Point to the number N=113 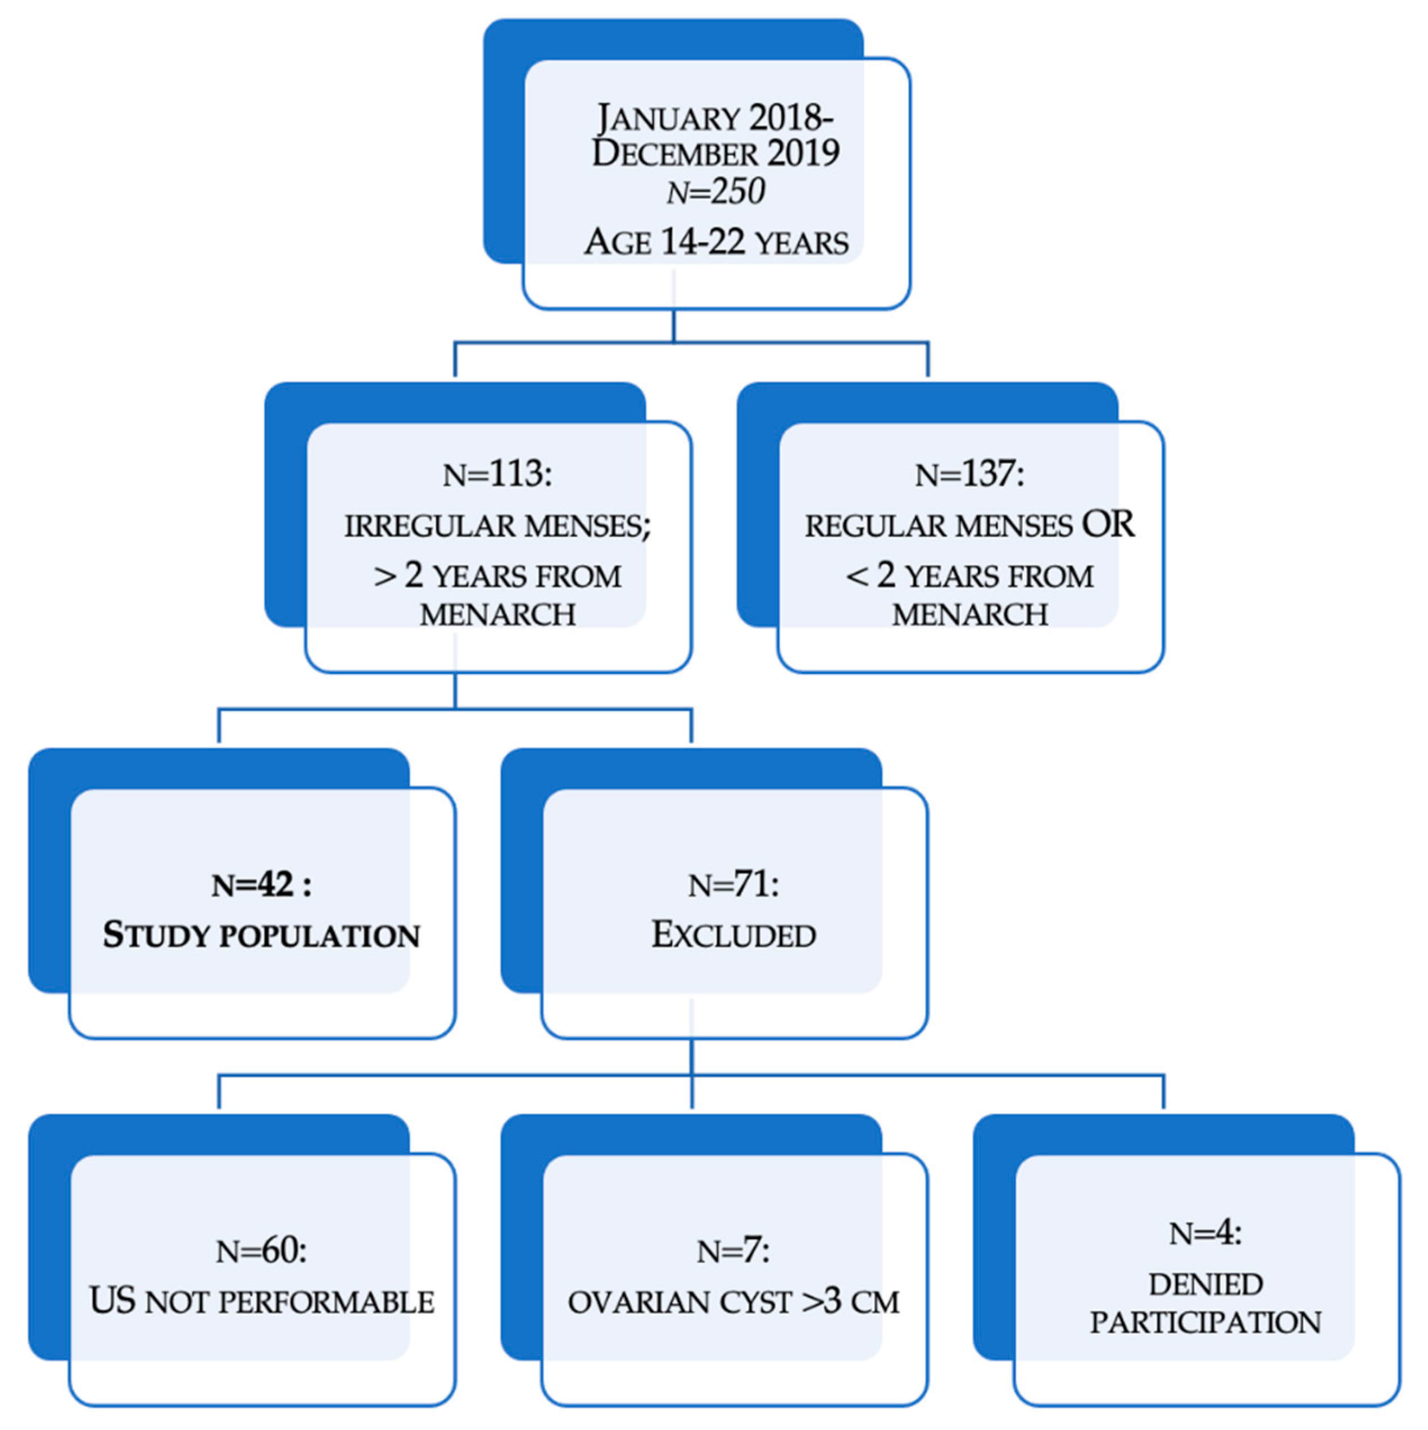[497, 474]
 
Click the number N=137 [970, 474]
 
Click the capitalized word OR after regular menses [1108, 525]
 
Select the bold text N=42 [261, 884]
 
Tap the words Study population [261, 936]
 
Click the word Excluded [733, 936]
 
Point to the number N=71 [733, 884]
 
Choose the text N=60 [261, 1251]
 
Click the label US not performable [261, 1301]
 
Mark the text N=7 [733, 1251]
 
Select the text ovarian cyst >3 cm [733, 1302]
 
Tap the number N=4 [1205, 1233]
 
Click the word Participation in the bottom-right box [1205, 1323]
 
